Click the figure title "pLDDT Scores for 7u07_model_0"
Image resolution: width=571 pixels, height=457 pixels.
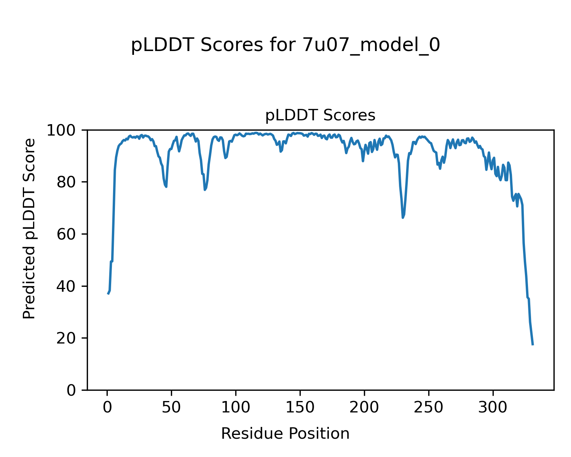point(285,46)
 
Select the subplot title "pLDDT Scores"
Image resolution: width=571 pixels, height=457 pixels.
point(320,115)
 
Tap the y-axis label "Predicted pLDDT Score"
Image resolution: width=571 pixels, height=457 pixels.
point(29,228)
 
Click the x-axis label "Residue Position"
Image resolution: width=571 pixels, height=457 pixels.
point(285,433)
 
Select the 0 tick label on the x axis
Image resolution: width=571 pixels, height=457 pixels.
point(107,407)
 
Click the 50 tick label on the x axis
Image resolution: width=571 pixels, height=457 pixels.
point(171,407)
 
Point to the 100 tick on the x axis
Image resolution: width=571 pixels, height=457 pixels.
point(236,407)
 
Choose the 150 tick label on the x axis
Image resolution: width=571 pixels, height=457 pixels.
point(300,407)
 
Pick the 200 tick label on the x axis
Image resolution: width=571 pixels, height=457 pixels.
point(364,407)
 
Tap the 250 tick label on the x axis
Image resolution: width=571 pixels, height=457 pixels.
point(429,407)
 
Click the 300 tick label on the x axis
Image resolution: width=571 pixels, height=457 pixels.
point(493,407)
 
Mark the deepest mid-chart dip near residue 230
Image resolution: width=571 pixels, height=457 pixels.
point(403,217)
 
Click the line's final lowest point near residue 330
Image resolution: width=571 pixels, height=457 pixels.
point(533,345)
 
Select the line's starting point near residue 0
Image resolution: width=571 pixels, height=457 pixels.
point(108,294)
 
